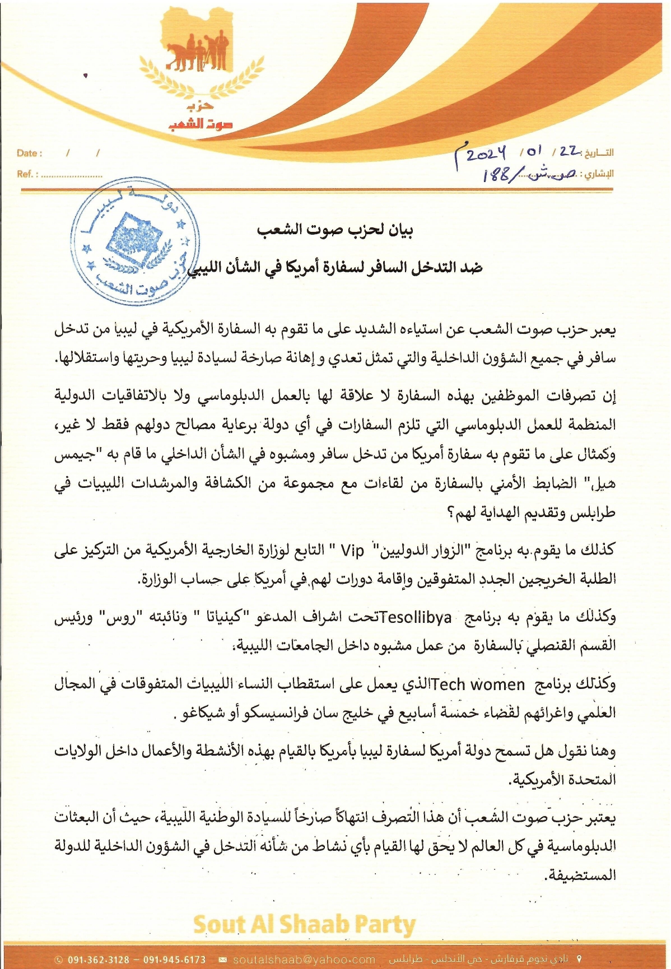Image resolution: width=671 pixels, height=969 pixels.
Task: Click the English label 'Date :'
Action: pos(29,153)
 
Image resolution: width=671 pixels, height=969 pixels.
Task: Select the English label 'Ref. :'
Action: pos(27,174)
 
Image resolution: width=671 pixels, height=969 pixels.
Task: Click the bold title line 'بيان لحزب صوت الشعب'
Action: pos(335,230)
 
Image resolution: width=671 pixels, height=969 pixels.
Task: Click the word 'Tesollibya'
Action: pos(415,617)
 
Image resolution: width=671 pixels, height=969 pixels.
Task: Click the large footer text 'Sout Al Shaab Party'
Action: pos(304,925)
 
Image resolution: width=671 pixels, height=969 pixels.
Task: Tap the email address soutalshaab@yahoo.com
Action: pos(304,959)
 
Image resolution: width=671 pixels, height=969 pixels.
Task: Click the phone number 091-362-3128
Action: pos(99,959)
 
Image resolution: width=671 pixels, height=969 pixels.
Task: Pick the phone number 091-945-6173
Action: pos(175,959)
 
